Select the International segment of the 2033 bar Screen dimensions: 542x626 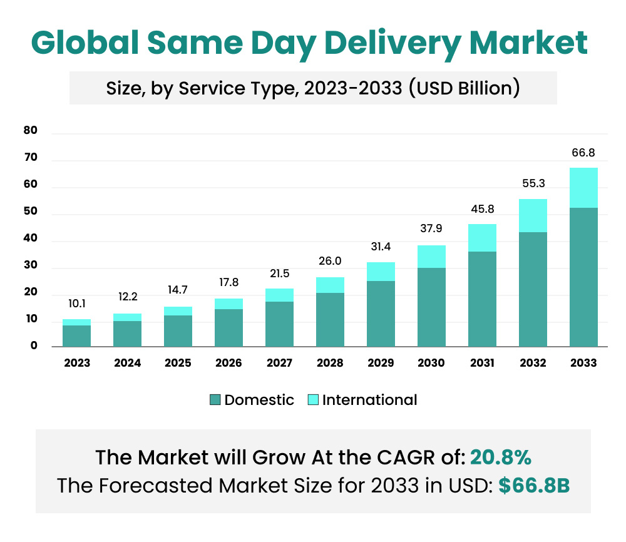click(583, 188)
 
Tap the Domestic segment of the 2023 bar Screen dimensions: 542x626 click(76, 335)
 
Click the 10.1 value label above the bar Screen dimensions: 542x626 click(76, 304)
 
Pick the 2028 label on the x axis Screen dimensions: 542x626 click(330, 363)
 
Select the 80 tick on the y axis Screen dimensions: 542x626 click(31, 131)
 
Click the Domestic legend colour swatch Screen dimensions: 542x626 click(215, 400)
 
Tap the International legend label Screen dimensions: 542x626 click(369, 400)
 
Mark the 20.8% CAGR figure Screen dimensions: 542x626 click(501, 458)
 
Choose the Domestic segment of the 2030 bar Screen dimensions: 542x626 click(431, 307)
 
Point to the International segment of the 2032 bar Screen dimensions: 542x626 click(533, 216)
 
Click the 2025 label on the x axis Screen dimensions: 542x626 click(178, 363)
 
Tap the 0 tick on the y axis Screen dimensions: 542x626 click(34, 345)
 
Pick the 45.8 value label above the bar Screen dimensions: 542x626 click(482, 210)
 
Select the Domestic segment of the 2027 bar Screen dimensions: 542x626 click(279, 324)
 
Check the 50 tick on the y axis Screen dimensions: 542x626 click(31, 212)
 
